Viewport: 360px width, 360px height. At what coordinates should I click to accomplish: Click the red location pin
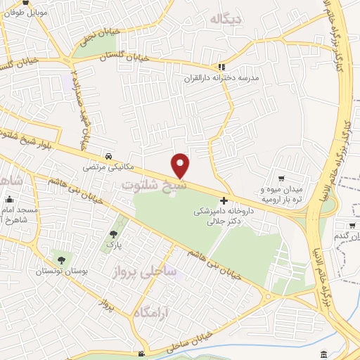click(x=181, y=165)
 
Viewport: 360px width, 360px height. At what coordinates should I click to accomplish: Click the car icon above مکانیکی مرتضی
click(x=108, y=156)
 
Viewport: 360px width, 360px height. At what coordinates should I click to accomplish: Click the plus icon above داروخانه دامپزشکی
click(x=224, y=200)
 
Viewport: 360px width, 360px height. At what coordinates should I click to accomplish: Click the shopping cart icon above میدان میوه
click(x=281, y=179)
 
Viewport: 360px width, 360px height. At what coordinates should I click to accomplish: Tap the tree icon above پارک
click(x=113, y=233)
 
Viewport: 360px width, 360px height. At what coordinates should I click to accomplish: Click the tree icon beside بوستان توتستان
click(x=61, y=260)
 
